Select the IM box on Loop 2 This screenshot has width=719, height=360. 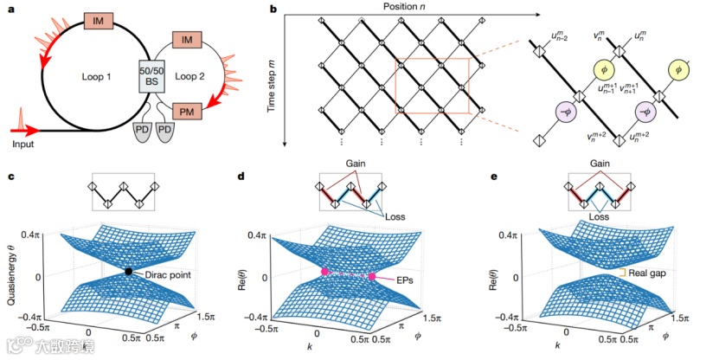(x=188, y=40)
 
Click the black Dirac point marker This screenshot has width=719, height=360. (x=128, y=271)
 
